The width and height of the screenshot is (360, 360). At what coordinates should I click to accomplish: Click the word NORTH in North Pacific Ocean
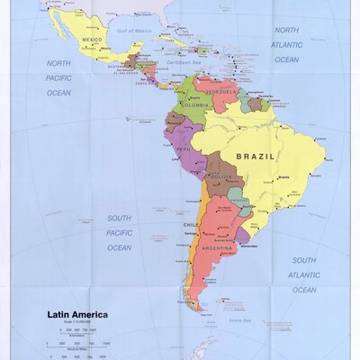58,63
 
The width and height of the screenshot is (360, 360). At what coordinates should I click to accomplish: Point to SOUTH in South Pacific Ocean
120,218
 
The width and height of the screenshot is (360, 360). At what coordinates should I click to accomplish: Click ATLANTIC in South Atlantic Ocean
303,275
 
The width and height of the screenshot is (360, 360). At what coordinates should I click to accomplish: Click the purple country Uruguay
243,235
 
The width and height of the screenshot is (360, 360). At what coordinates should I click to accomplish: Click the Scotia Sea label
238,320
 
